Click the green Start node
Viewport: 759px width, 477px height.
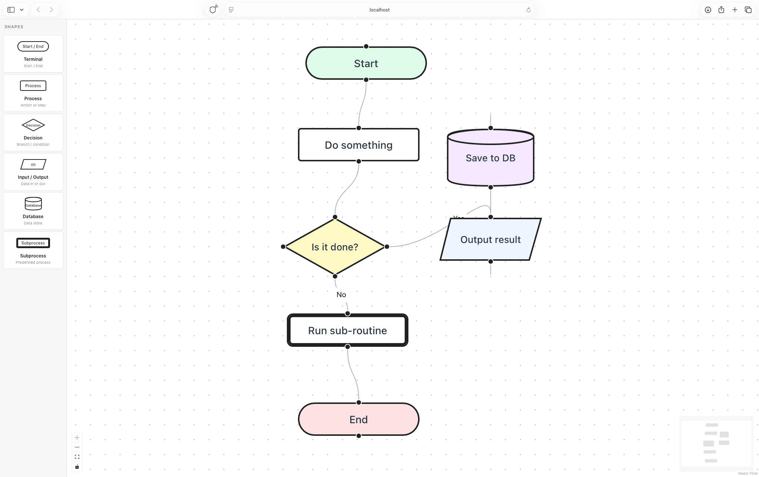(x=366, y=63)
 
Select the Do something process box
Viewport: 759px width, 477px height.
(x=358, y=145)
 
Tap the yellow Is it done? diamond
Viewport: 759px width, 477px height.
(x=335, y=247)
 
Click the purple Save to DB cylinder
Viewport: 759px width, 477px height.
(x=490, y=158)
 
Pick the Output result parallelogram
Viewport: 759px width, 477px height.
(x=490, y=240)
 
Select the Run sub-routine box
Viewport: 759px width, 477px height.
(x=347, y=330)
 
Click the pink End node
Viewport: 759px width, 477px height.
(x=358, y=419)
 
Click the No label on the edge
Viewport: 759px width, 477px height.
(x=341, y=295)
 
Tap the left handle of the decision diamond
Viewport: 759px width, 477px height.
(x=283, y=247)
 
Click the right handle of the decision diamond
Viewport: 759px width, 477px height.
(x=387, y=247)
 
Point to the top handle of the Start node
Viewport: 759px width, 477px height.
(x=366, y=46)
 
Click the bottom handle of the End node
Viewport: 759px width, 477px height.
(x=358, y=436)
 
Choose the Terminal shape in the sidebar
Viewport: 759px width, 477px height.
(x=33, y=54)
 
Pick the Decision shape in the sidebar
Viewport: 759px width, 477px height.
(x=33, y=132)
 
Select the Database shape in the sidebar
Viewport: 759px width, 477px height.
(x=33, y=211)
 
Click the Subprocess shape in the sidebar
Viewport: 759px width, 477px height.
(x=33, y=250)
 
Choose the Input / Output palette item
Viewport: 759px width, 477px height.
(x=33, y=172)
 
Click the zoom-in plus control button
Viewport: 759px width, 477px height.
(x=77, y=438)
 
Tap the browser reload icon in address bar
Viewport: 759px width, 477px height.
(x=528, y=10)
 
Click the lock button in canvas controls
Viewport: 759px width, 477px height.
(x=77, y=467)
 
